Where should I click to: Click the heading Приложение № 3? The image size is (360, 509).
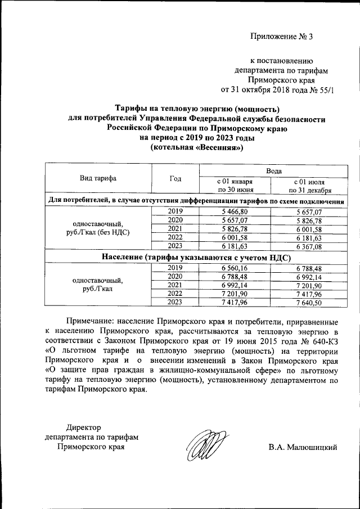(281, 37)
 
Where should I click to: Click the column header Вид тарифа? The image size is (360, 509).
(98, 178)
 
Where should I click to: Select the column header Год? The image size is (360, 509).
(175, 178)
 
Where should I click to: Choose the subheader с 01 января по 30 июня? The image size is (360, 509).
(235, 186)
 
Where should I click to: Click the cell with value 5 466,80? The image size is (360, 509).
(235, 211)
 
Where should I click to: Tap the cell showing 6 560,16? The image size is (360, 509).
(235, 268)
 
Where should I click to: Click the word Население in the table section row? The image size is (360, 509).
(122, 257)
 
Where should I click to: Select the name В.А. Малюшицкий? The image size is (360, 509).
(303, 448)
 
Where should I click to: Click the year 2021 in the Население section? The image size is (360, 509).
(175, 285)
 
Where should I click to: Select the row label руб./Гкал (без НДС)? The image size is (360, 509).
(98, 232)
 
